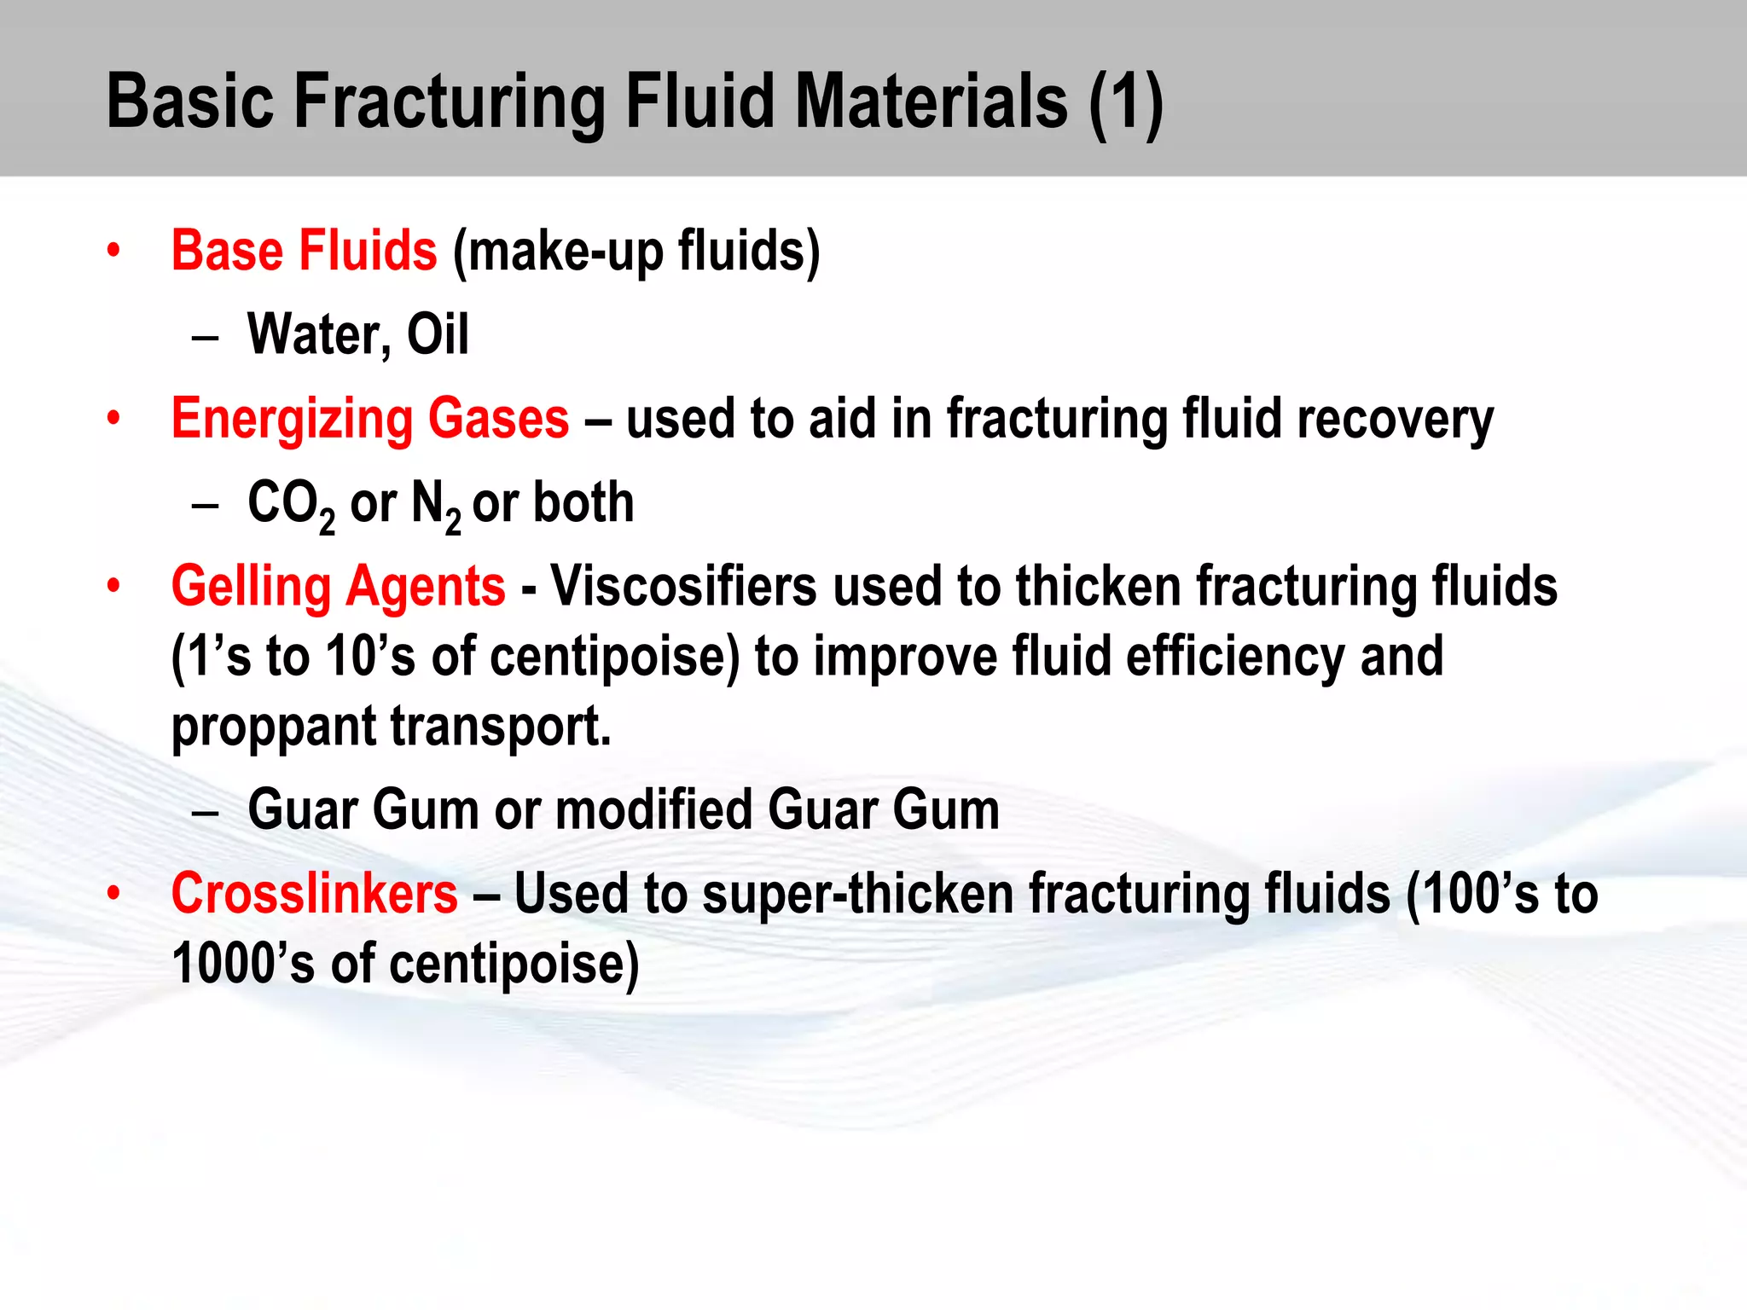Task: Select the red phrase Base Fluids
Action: click(304, 251)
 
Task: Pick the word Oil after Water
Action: click(438, 334)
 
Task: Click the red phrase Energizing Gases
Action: click(370, 419)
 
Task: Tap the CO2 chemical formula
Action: click(290, 504)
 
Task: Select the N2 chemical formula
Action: click(436, 504)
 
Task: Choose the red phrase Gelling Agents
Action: click(338, 587)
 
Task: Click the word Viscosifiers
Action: click(683, 587)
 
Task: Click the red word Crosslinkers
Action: click(314, 894)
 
